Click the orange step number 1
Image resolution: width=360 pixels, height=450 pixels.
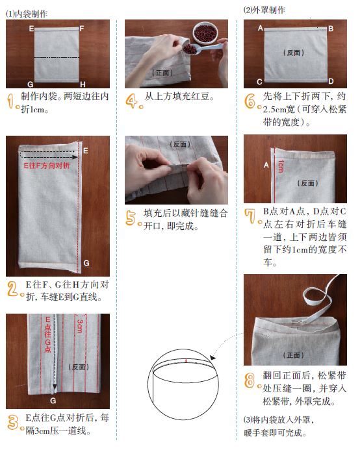12,101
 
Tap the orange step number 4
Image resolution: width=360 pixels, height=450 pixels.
132,101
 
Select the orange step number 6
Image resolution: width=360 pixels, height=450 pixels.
251,101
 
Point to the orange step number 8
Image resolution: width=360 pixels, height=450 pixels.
251,381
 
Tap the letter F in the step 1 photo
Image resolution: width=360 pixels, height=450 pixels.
82,29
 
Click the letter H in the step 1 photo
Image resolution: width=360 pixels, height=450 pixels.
82,84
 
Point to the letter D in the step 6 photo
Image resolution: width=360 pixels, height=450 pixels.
331,81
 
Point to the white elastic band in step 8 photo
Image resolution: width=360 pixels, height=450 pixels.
318,295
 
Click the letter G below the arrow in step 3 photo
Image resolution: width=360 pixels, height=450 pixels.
53,399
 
